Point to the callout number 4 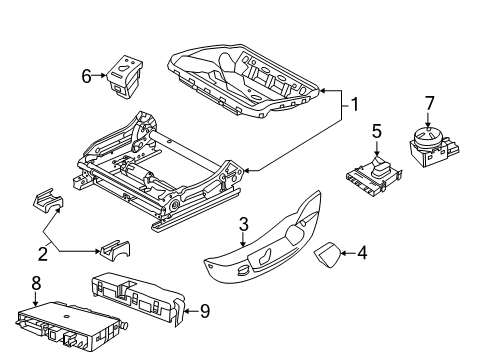(x=362, y=255)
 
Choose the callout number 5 (x=377, y=130)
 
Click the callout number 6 (x=87, y=74)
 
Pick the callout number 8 (x=37, y=284)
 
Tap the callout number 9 (x=204, y=311)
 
